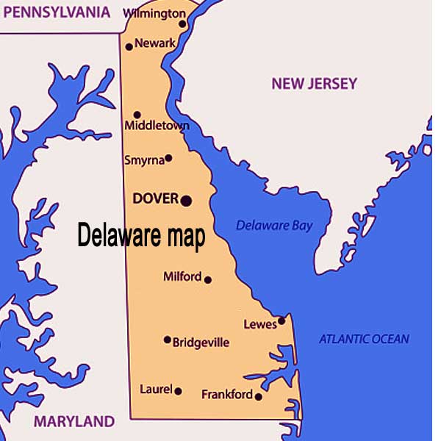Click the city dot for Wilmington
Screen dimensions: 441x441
pyautogui.click(x=182, y=24)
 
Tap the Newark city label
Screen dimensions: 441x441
pyautogui.click(x=155, y=43)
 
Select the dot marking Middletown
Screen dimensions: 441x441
pyautogui.click(x=137, y=115)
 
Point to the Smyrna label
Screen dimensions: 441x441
pyautogui.click(x=143, y=159)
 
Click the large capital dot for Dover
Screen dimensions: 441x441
pyautogui.click(x=186, y=200)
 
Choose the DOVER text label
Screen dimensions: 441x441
pyautogui.click(x=155, y=199)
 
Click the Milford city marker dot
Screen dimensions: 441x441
pyautogui.click(x=208, y=279)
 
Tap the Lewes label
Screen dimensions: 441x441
pyautogui.click(x=259, y=324)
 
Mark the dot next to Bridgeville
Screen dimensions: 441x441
pyautogui.click(x=167, y=340)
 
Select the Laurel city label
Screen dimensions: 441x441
pyautogui.click(x=155, y=390)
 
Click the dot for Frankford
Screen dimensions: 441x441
pyautogui.click(x=258, y=396)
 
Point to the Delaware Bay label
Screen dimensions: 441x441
pyautogui.click(x=274, y=226)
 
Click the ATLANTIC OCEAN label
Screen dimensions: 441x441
pyautogui.click(x=364, y=340)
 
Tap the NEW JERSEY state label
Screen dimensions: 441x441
pyautogui.click(x=314, y=84)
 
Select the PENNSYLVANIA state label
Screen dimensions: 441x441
pyautogui.click(x=56, y=12)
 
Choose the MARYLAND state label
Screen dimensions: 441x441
pyautogui.click(x=74, y=422)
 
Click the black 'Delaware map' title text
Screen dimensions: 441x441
pyautogui.click(x=141, y=237)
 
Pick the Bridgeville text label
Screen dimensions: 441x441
pyautogui.click(x=201, y=343)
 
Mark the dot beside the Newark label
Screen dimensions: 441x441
pyautogui.click(x=129, y=46)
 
